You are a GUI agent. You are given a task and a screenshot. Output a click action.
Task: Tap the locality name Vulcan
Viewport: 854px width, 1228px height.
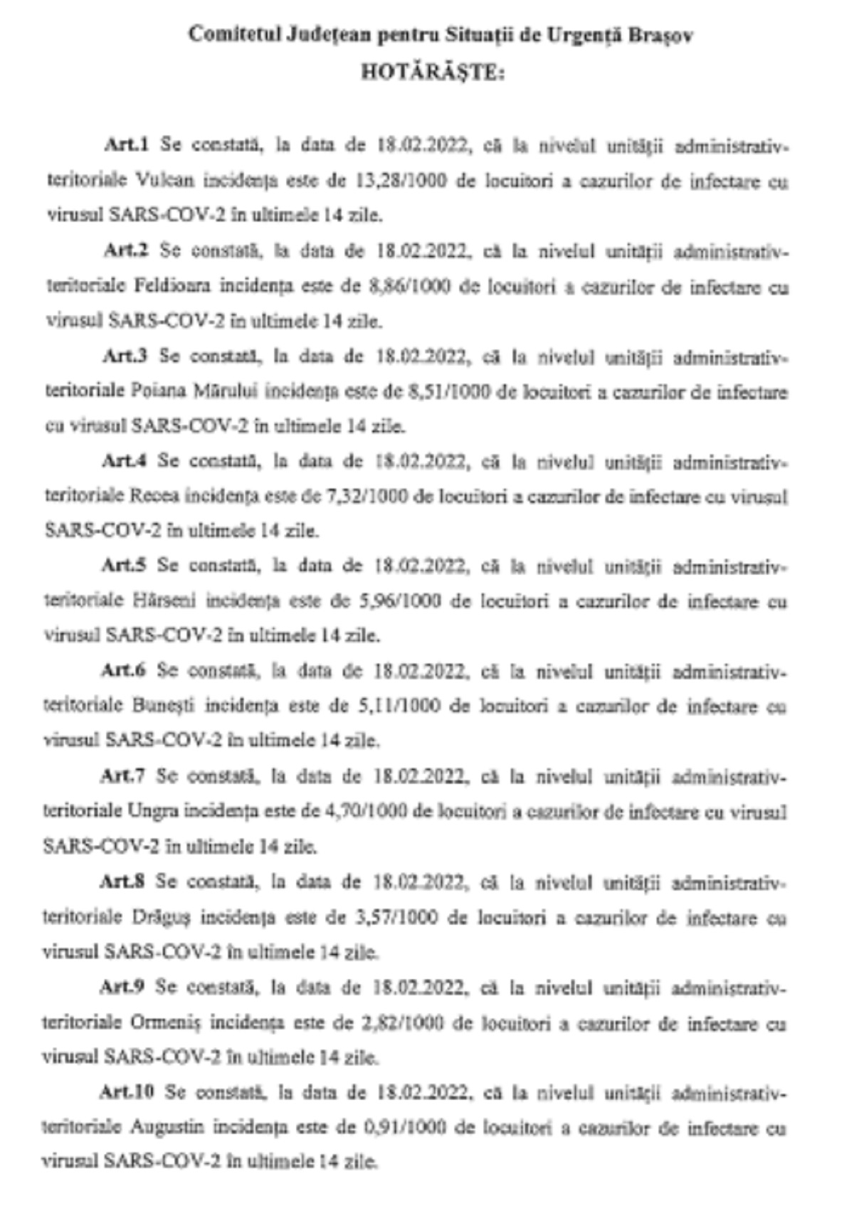tap(164, 181)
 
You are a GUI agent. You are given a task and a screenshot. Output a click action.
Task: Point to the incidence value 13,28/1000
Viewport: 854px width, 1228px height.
tap(400, 181)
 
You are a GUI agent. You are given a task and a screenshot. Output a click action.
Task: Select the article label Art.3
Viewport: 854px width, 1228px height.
tap(125, 356)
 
